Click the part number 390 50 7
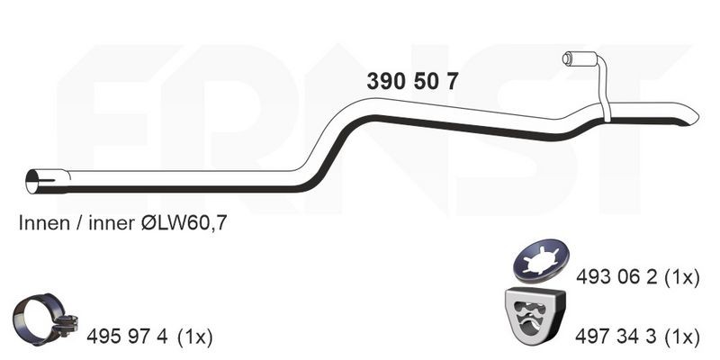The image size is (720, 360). click(x=412, y=82)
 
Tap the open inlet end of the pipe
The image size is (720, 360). click(x=33, y=182)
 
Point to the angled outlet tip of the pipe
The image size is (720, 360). click(x=690, y=118)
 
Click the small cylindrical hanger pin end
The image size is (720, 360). click(x=567, y=58)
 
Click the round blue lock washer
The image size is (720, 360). click(x=540, y=260)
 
